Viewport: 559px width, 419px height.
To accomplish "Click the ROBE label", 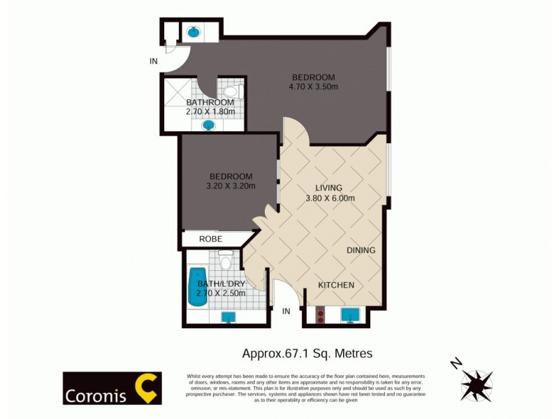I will pyautogui.click(x=210, y=239).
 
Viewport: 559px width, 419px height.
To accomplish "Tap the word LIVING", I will pyautogui.click(x=328, y=188).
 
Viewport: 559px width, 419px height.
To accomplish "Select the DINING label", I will pyautogui.click(x=361, y=250).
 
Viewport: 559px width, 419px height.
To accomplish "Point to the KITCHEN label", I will pyautogui.click(x=336, y=285).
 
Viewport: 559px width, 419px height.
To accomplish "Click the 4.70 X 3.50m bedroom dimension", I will pyautogui.click(x=314, y=87).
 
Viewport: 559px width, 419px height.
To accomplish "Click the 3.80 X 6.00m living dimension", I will pyautogui.click(x=331, y=198).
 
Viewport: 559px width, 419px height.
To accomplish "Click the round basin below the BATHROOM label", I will pyautogui.click(x=208, y=126).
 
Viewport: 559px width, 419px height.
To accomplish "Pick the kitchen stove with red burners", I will pyautogui.click(x=321, y=316).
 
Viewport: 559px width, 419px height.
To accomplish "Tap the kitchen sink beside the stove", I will pyautogui.click(x=350, y=316).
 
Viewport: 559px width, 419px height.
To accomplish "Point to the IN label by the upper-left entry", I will pyautogui.click(x=153, y=61).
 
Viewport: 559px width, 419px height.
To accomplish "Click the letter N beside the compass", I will pyautogui.click(x=456, y=364).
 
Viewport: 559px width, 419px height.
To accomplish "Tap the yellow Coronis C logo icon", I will pyautogui.click(x=147, y=388).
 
